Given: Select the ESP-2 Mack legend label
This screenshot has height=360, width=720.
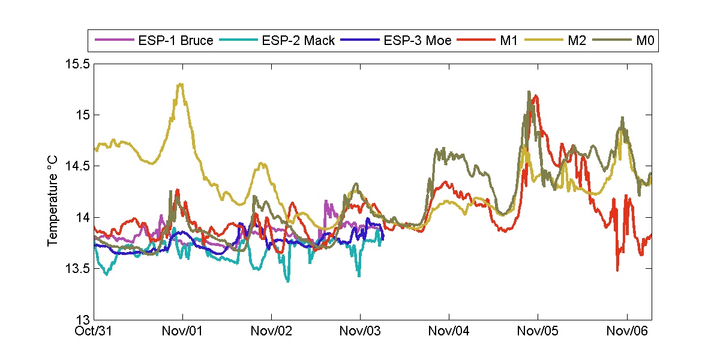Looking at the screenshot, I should coord(298,41).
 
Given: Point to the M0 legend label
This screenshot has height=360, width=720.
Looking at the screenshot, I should coord(643,41).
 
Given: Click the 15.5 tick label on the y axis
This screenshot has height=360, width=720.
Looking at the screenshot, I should coord(77,64).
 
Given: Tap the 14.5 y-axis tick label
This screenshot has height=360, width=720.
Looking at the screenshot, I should coord(77,166).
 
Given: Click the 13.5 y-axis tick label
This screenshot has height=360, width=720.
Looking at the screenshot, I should coord(77,268).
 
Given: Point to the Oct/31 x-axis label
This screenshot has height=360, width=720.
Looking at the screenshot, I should coord(95,331).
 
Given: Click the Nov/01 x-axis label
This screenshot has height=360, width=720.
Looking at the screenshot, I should coord(183,331).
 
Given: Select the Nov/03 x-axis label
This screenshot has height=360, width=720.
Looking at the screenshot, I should coord(360,331).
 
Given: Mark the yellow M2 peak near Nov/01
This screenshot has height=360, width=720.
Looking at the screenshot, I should coord(179,84).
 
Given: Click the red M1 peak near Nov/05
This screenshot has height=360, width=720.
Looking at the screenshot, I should coord(535,95).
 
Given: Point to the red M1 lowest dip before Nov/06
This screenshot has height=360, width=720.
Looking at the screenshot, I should coord(617,270).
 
